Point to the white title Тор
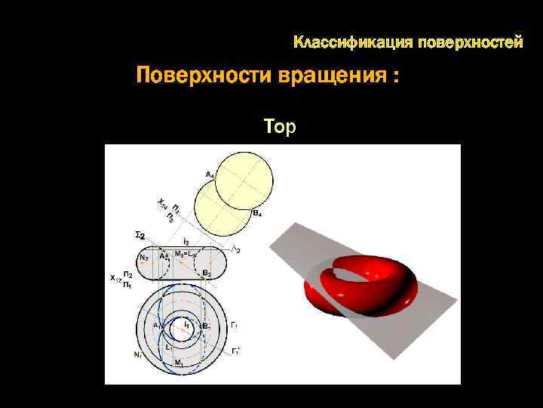pyautogui.click(x=281, y=126)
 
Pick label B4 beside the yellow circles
pyautogui.click(x=257, y=215)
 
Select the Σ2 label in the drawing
pyautogui.click(x=140, y=234)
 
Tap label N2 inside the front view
pyautogui.click(x=144, y=258)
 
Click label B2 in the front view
pyautogui.click(x=207, y=273)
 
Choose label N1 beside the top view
pyautogui.click(x=138, y=354)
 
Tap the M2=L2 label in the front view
pyautogui.click(x=186, y=255)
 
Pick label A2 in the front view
pyautogui.click(x=164, y=257)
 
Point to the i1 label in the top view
pyautogui.click(x=186, y=325)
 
